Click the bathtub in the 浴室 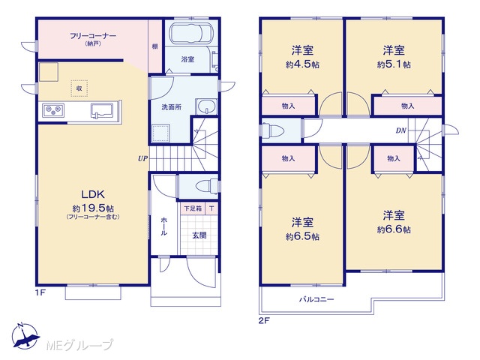pos(191,33)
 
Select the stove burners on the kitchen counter pos(53,110)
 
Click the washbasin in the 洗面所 pos(206,106)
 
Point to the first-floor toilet pos(207,186)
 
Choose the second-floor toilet pos(272,130)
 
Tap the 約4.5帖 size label pos(302,65)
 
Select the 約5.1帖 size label pos(394,64)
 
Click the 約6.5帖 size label pos(302,237)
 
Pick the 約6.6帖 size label pos(394,229)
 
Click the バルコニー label pos(316,299)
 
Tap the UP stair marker pos(142,158)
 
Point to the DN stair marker pos(401,130)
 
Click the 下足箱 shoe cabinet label pos(193,208)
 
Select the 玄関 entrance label pos(199,235)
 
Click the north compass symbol pos(25,336)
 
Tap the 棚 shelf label pos(155,46)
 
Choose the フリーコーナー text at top pos(93,36)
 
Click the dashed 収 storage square pos(79,88)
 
